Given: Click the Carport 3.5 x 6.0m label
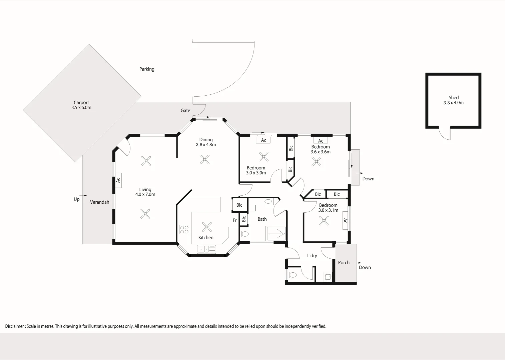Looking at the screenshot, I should coord(81,105).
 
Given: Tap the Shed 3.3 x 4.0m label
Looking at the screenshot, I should coord(453,100).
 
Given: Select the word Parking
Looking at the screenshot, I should coord(147,69).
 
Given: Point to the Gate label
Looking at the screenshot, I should coord(185,110).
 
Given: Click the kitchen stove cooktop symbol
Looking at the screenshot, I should coord(184,229).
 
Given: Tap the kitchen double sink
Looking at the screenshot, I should coord(206,249).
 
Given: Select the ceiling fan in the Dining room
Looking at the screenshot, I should coord(204,159).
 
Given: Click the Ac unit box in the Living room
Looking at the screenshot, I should coord(118,180).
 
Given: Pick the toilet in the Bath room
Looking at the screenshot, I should coord(244,234).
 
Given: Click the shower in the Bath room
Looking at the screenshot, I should coord(276,233).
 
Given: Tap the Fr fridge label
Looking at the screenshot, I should coord(235,220).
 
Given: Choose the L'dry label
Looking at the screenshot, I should coord(312,256).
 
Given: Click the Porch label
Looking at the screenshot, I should coord(344,263).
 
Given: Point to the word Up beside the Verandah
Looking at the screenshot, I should coord(77,199).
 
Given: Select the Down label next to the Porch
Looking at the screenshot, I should coord(365,267).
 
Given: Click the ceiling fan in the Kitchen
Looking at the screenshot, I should coord(207,227).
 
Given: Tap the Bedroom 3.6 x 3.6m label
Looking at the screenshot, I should coord(321,149).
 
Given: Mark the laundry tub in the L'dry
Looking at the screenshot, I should coord(328,277).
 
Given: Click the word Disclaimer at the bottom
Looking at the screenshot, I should coord(14,326).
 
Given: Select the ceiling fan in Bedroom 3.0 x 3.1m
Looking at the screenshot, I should coord(324,221).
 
